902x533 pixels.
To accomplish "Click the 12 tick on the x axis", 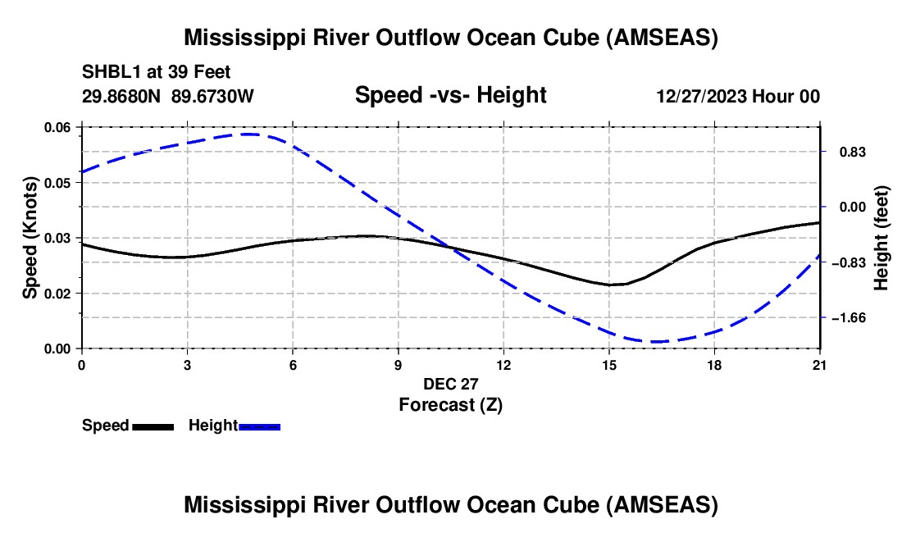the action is [x=503, y=365].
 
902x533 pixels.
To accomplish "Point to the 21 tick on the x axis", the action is [x=819, y=365].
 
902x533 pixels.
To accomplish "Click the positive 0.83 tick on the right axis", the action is [x=853, y=153].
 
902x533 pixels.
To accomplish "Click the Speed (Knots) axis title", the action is [x=30, y=238].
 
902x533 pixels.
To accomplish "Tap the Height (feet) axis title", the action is [x=881, y=238].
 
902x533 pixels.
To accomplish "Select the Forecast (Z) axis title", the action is [x=450, y=405].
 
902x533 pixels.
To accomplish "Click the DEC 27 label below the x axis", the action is [x=450, y=384].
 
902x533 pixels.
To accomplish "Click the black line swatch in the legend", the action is [x=153, y=426].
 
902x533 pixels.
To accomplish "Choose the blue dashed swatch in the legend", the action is [x=259, y=426].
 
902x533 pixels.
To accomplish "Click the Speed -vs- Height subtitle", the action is [x=450, y=95].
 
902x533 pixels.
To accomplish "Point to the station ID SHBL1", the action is [x=112, y=72].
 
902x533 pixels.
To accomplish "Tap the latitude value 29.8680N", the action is [x=121, y=96].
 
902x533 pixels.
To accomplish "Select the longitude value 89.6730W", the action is [x=212, y=96].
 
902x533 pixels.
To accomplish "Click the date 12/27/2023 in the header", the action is [x=702, y=96].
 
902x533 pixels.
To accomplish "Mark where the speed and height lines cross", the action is [x=449, y=248].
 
